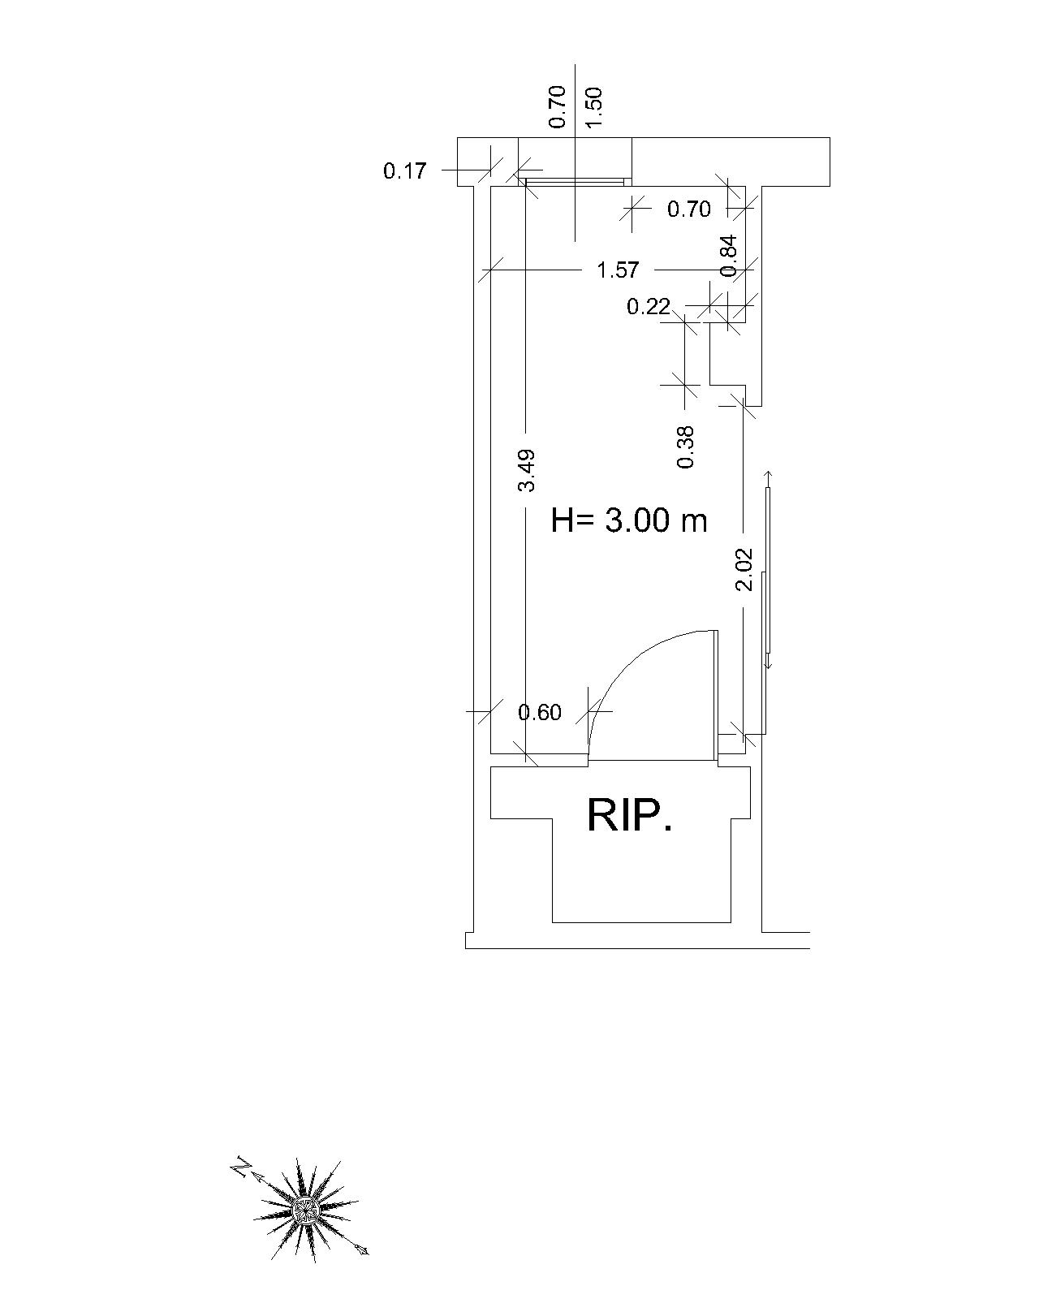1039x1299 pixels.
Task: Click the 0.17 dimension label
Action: [404, 171]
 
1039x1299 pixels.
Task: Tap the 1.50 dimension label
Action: [594, 106]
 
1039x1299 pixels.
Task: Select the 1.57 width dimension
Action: [618, 270]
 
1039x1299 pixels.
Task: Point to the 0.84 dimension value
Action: [729, 255]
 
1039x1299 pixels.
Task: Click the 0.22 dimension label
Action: [649, 307]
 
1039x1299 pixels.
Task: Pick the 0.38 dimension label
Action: [686, 447]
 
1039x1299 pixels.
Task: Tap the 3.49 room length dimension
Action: [527, 470]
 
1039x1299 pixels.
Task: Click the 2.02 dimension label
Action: [744, 570]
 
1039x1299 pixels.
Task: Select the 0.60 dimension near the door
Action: [540, 712]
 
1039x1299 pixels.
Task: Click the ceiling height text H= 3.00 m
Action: [629, 520]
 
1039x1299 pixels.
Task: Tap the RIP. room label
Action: [629, 815]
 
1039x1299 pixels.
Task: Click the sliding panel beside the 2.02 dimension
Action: [768, 568]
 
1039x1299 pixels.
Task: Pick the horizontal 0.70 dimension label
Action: [688, 209]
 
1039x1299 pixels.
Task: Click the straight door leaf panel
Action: [715, 695]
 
